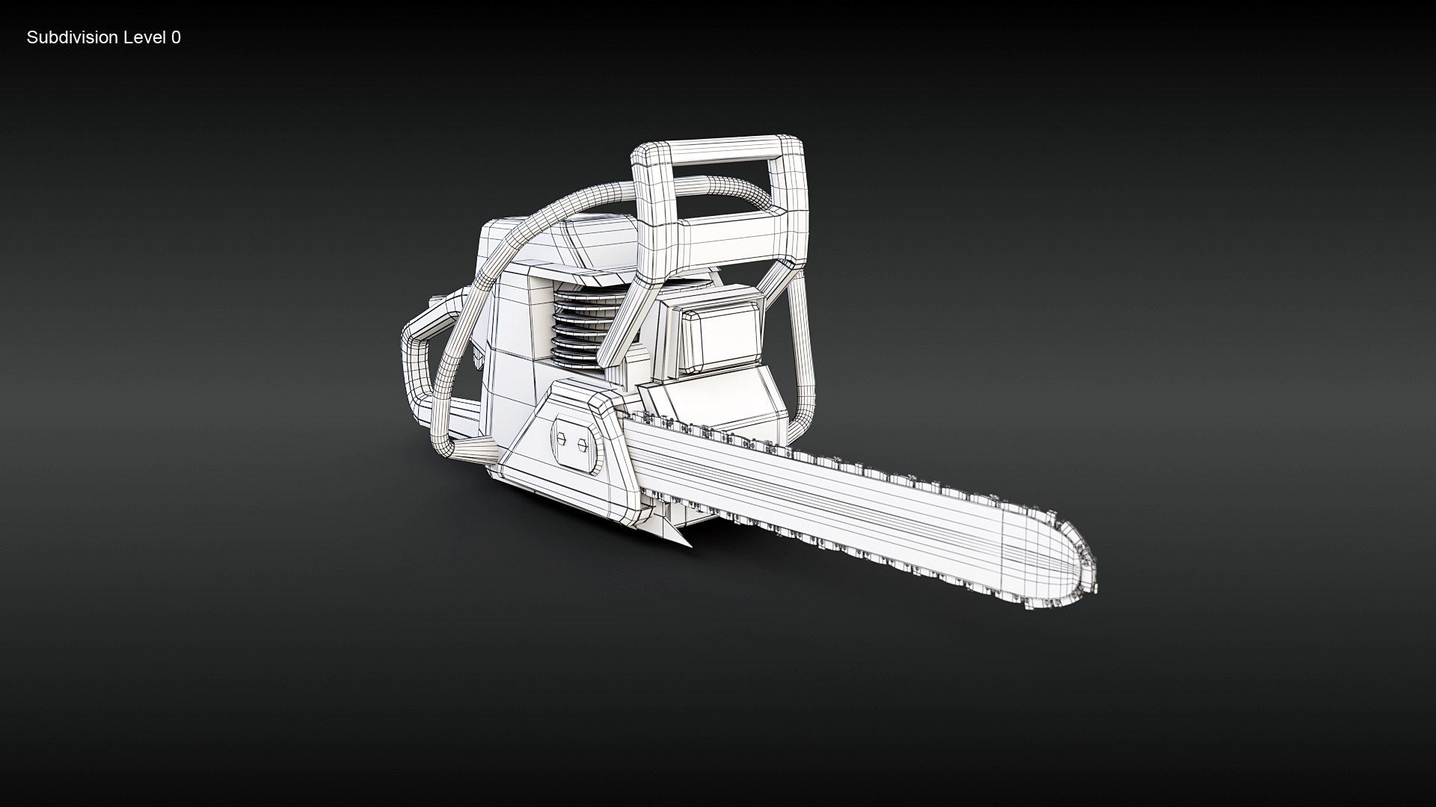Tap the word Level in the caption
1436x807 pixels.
[145, 37]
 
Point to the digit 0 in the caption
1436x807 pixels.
[176, 37]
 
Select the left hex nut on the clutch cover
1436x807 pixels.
[561, 433]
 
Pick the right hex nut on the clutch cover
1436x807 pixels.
[580, 445]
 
